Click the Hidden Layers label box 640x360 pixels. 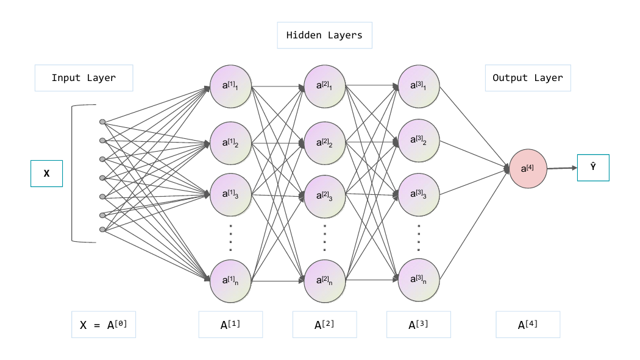coord(324,35)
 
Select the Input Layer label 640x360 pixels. coord(84,78)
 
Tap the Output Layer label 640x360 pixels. coord(528,78)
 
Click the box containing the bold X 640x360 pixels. coord(46,174)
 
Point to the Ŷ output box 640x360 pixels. coord(593,168)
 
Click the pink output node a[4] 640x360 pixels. coord(528,168)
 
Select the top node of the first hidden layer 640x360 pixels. coord(230,86)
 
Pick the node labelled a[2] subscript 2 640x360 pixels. coord(325,143)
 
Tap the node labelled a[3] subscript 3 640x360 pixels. coord(419,194)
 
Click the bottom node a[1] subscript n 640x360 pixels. coord(230,281)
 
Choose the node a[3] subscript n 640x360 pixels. coord(419,280)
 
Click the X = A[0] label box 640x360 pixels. coord(104,325)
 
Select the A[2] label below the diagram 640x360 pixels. coord(324,325)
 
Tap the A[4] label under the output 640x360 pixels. coord(528,325)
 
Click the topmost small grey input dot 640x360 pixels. coord(102,122)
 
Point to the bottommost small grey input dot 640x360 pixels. coord(102,230)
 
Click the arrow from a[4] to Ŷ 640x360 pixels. coord(562,168)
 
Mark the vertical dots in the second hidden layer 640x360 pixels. coord(325,238)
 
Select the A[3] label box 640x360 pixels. coord(419,325)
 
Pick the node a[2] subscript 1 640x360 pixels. coord(325,86)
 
